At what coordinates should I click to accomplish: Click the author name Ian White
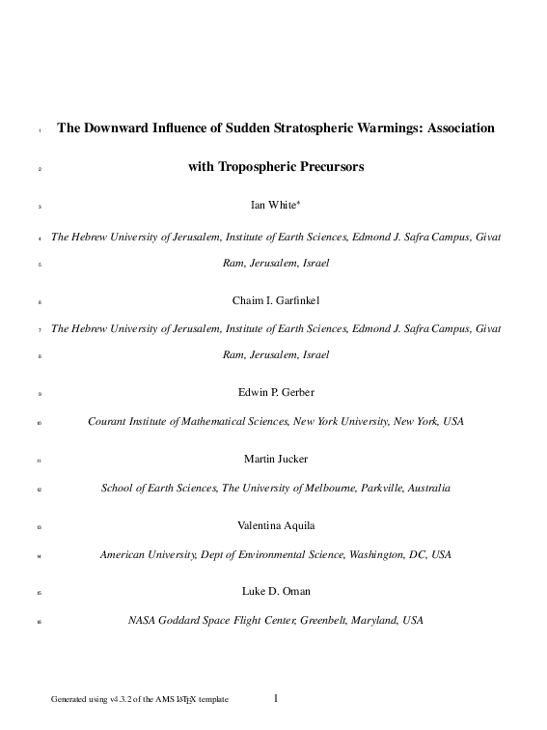(x=273, y=205)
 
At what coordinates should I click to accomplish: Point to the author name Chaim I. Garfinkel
(x=275, y=300)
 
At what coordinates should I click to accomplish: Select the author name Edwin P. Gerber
(x=275, y=395)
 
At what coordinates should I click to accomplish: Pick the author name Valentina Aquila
(x=275, y=525)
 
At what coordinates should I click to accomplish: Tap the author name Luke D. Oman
(x=275, y=590)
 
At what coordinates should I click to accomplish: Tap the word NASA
(x=143, y=619)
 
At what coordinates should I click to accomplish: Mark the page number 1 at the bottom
(x=275, y=697)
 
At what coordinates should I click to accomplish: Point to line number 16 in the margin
(x=39, y=621)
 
